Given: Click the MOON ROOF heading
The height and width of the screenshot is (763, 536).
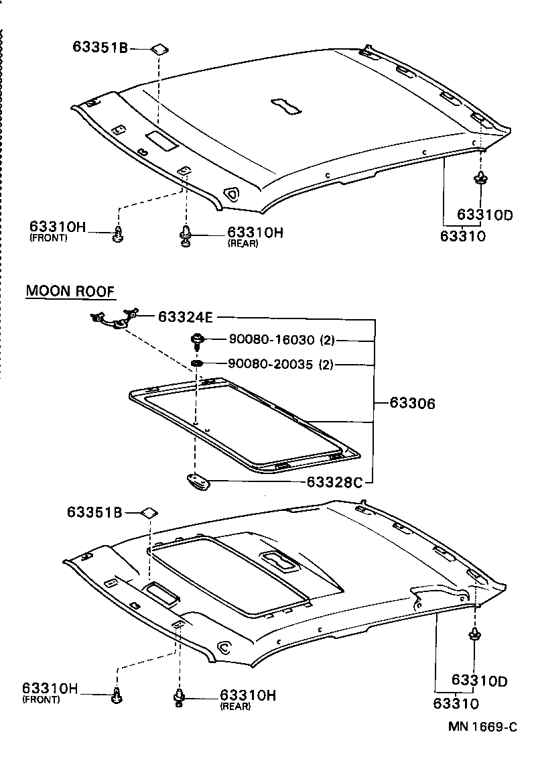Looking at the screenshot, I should [x=70, y=292].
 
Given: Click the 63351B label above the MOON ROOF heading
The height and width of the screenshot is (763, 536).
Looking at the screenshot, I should [x=101, y=48].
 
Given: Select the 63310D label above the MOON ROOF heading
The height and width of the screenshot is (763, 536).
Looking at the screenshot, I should [x=485, y=215].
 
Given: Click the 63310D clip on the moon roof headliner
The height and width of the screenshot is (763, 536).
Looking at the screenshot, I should [x=474, y=636].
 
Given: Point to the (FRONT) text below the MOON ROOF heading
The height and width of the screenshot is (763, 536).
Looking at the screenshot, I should [x=41, y=699].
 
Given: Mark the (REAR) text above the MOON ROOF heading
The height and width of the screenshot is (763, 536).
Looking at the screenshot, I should [x=243, y=243].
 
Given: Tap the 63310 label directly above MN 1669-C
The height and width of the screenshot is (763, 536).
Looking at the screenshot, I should [x=456, y=704].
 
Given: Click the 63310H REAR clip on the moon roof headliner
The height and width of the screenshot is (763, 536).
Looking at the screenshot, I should [x=180, y=697].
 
